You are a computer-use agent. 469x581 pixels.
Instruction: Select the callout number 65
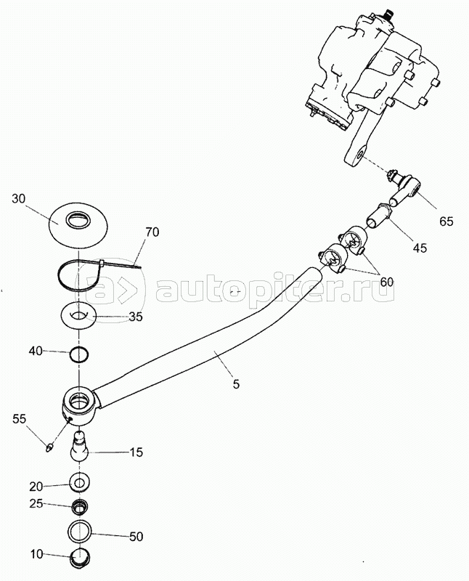click(x=446, y=222)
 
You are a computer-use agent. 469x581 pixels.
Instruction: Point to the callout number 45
click(x=420, y=247)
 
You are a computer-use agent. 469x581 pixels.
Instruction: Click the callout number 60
click(x=386, y=282)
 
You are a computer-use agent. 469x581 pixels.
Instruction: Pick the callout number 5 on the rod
click(x=237, y=384)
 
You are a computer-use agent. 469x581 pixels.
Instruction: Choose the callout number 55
click(x=20, y=419)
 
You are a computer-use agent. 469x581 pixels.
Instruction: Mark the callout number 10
click(x=37, y=555)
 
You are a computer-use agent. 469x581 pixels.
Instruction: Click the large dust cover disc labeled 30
click(x=78, y=224)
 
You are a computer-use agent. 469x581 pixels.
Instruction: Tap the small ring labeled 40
click(x=79, y=354)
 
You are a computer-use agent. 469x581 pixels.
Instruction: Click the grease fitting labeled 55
click(x=49, y=448)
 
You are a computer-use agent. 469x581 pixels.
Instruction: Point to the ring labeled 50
click(x=80, y=532)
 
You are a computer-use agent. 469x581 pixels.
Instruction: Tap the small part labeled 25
click(x=80, y=506)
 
